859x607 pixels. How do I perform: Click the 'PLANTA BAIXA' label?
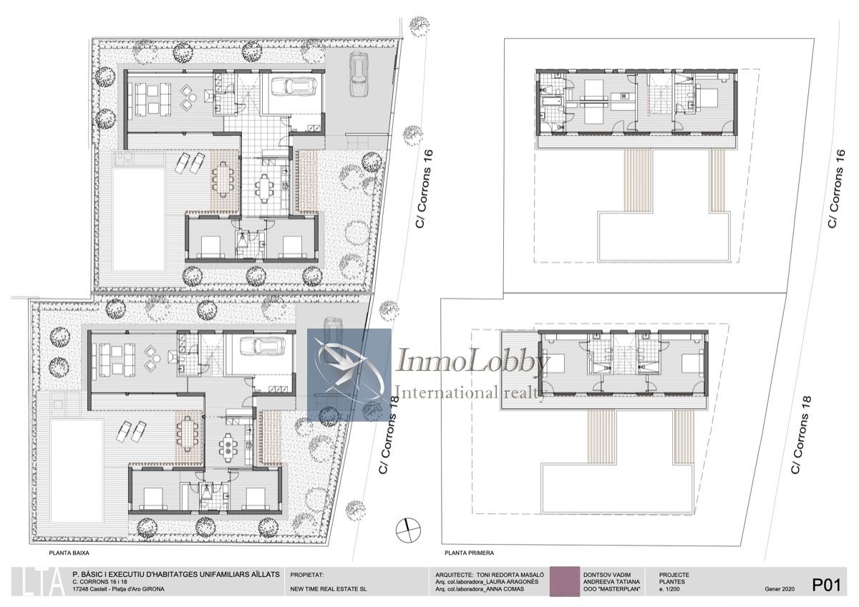tap(69, 553)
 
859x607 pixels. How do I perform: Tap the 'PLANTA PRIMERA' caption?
tap(470, 553)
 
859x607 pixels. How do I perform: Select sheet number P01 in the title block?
tap(826, 585)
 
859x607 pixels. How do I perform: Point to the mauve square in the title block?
tap(565, 582)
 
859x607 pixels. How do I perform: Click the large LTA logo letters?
tap(39, 582)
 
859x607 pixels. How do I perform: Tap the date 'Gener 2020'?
tap(780, 589)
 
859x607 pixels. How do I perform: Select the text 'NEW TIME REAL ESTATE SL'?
tap(329, 589)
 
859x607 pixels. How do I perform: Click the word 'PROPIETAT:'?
tap(307, 576)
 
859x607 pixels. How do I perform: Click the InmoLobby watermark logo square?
tap(349, 374)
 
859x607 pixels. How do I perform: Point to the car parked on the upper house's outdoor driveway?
tap(359, 74)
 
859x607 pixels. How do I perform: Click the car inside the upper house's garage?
tap(293, 88)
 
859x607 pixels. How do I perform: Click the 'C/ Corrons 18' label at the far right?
tap(802, 434)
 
